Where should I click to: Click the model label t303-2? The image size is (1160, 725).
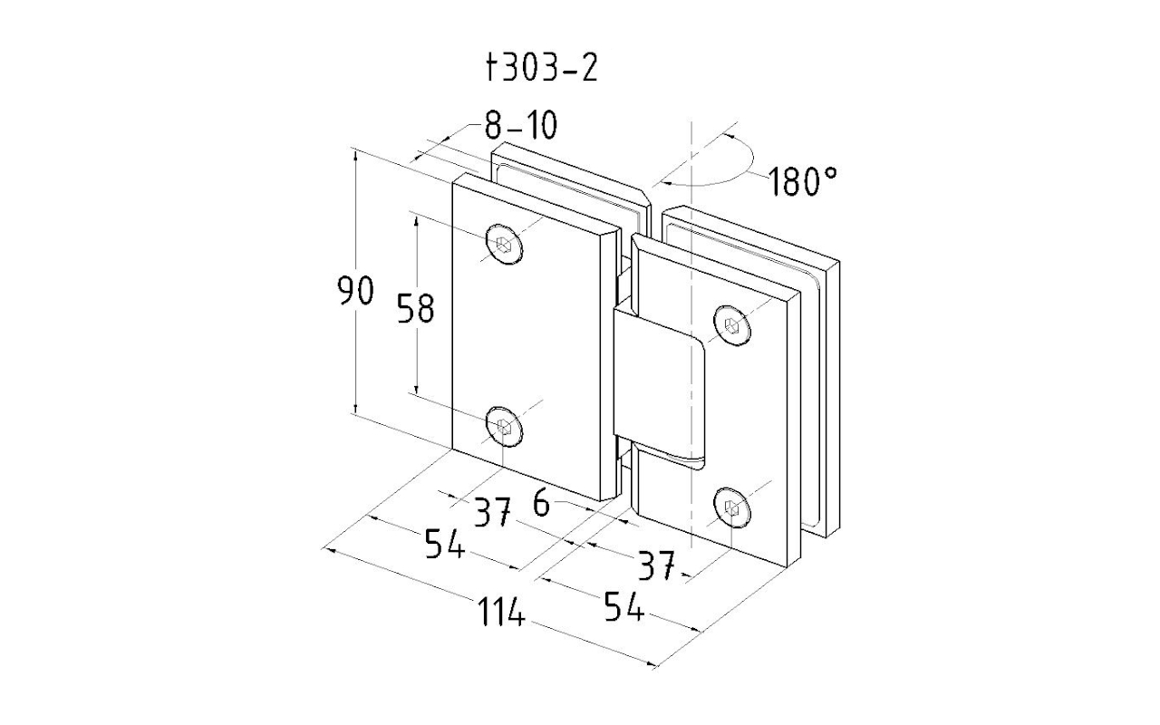click(542, 68)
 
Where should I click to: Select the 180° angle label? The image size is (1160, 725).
click(803, 182)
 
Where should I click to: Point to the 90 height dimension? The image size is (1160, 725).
click(355, 292)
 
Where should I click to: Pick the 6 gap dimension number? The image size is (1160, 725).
click(541, 504)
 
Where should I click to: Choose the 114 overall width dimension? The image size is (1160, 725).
click(502, 615)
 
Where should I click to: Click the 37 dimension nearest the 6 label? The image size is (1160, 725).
click(494, 513)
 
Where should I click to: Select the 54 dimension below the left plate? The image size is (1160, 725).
click(445, 545)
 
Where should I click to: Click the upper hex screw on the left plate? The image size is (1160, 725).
click(504, 243)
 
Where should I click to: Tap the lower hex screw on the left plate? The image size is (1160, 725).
click(504, 426)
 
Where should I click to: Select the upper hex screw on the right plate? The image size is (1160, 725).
click(732, 324)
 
